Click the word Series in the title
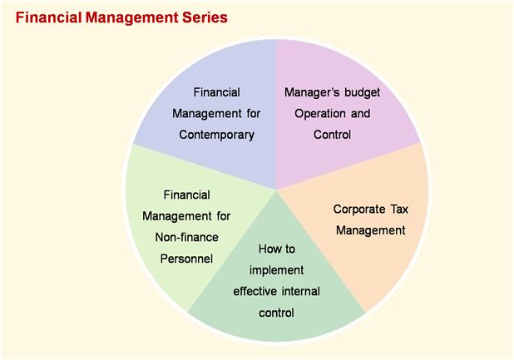coord(205,17)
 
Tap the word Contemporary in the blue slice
coord(217,135)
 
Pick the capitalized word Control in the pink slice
coord(332,135)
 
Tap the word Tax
coord(399,209)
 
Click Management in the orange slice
coord(370,230)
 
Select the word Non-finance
coord(186,237)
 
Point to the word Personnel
coord(186,259)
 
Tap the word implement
coord(277,270)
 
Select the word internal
coord(301,292)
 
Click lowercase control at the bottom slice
coord(276,313)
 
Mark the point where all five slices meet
coord(276,190)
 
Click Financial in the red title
coord(48,17)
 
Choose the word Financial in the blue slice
coord(216,92)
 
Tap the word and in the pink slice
coord(361,114)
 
